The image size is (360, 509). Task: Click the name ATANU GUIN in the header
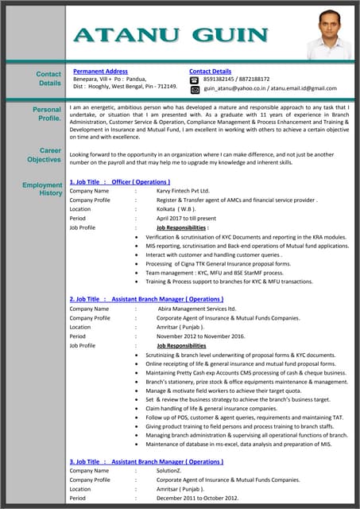[x=170, y=34]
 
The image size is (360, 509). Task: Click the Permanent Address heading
[x=100, y=71]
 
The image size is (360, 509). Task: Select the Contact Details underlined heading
[x=210, y=71]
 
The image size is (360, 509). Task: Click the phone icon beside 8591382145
[x=194, y=80]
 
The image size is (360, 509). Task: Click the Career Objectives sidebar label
[x=45, y=154]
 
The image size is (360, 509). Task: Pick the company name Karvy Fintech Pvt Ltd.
[x=183, y=191]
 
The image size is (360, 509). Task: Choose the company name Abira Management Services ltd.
[x=197, y=308]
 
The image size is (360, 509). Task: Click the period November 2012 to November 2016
[x=204, y=336]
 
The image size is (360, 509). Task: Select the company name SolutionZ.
[x=168, y=471]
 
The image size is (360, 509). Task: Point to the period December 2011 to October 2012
[x=197, y=498]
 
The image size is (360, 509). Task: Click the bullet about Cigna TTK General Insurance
[x=218, y=263]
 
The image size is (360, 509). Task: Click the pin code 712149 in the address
[x=166, y=86]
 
